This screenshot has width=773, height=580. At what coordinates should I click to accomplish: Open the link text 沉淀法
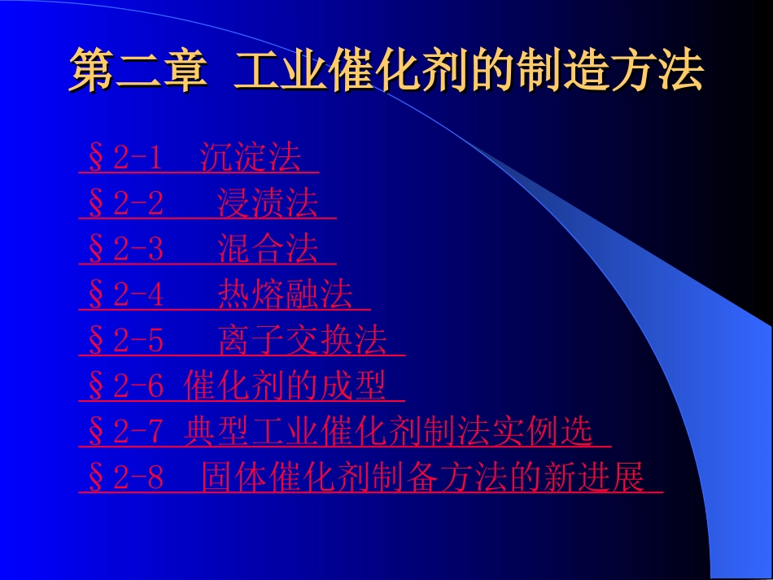(251, 158)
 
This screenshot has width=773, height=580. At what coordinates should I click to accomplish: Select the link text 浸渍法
(268, 203)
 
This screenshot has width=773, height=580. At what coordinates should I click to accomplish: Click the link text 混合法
(268, 249)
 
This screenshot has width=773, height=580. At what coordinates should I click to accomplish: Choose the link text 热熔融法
(285, 294)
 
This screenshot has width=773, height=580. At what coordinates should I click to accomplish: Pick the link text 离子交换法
(302, 341)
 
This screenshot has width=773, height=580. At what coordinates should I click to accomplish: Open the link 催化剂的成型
(285, 386)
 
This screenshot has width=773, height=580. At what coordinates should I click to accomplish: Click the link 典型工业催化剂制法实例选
(389, 432)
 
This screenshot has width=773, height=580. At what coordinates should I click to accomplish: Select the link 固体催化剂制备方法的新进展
(423, 478)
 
